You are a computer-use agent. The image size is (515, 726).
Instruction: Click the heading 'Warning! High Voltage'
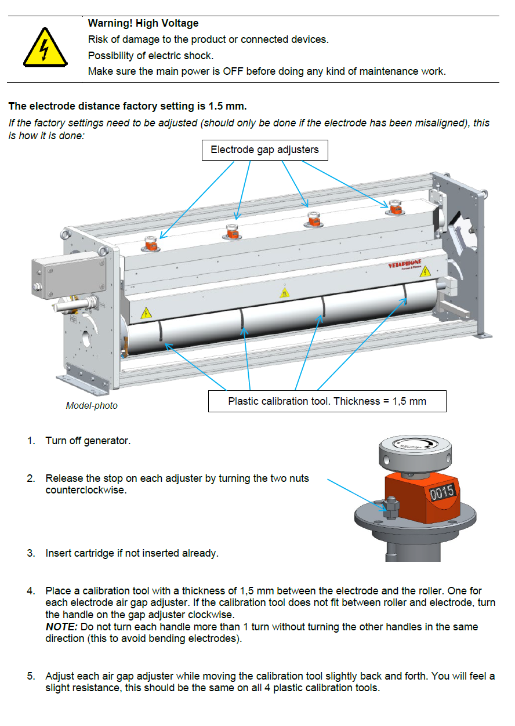pos(143,24)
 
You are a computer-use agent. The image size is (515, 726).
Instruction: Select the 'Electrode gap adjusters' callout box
pos(264,150)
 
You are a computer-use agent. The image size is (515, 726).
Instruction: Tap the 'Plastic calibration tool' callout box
pos(327,401)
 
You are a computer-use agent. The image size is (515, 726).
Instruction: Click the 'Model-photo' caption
pos(92,406)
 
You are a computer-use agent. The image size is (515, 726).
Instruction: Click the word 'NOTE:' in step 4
pos(61,627)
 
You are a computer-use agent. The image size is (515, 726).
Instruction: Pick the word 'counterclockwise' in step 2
pos(85,490)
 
